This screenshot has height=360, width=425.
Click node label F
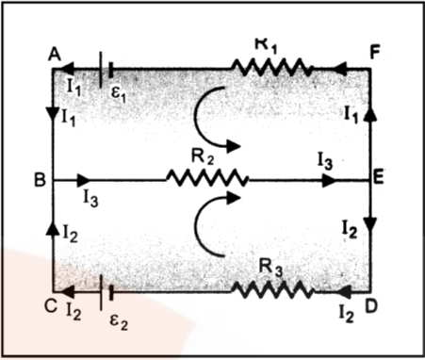[375, 51]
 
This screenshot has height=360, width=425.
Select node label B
[39, 178]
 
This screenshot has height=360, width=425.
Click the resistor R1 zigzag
[272, 68]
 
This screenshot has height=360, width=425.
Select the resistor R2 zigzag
[206, 177]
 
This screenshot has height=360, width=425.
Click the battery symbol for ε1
[107, 68]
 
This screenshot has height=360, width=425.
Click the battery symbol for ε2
[106, 288]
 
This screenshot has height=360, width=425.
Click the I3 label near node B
[91, 197]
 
